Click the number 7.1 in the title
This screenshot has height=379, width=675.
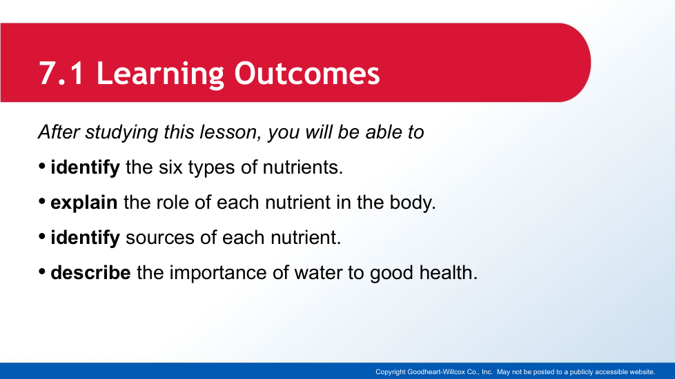(x=61, y=74)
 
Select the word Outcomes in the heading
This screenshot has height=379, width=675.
(x=307, y=74)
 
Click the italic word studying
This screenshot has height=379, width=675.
(x=122, y=132)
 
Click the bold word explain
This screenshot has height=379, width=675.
(x=84, y=203)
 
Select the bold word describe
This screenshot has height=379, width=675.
(x=91, y=272)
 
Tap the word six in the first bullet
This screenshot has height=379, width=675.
(x=170, y=167)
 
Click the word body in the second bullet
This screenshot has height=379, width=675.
(x=413, y=203)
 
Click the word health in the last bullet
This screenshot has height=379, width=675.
(x=449, y=272)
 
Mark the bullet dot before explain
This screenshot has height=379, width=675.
(x=42, y=201)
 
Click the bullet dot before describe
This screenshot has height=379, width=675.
(x=42, y=271)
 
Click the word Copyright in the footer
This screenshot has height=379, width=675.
(x=391, y=372)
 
